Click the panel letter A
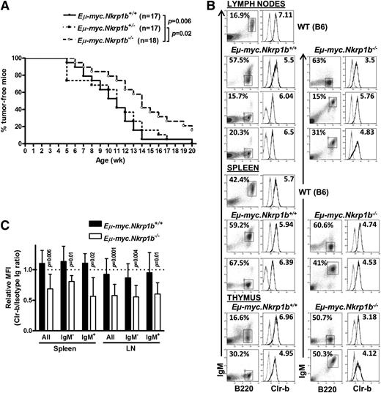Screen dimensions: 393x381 pyautogui.click(x=7, y=7)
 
